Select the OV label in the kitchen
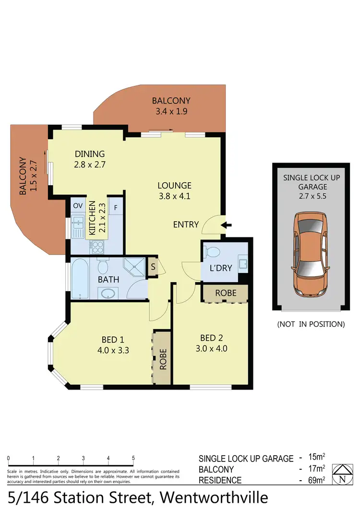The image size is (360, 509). pos(78,206)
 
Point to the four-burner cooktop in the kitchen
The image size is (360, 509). pos(97,247)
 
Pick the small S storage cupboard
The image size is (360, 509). pos(152,267)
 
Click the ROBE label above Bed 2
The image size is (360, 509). pos(225,293)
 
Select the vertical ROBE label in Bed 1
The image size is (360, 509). pos(162,358)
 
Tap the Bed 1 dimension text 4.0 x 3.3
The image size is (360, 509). pos(113,350)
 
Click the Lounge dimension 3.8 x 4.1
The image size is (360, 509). pos(175,196)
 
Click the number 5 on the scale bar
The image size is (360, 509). pos(133,458)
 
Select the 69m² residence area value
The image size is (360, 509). pos(317,480)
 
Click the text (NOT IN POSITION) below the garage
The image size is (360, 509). pos(311,324)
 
